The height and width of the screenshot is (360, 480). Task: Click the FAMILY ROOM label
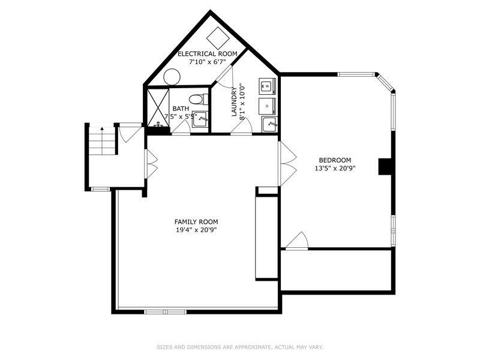coord(196,222)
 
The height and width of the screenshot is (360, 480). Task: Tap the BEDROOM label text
coord(335,160)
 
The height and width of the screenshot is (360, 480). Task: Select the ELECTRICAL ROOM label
coord(208,54)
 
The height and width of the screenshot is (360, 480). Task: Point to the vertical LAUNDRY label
coord(234,102)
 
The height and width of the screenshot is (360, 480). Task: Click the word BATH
coord(181,109)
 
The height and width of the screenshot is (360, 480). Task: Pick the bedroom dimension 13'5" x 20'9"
coord(335,168)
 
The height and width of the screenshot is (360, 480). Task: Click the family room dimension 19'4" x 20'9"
coord(196,230)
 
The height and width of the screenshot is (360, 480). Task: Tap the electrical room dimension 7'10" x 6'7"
coord(207,62)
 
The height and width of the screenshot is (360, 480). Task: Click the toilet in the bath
coord(199,99)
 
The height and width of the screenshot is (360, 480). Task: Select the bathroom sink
coord(200,119)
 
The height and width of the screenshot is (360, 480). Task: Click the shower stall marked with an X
coord(158,107)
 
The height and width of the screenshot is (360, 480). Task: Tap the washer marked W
coord(267,86)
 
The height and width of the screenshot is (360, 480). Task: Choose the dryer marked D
coord(267,106)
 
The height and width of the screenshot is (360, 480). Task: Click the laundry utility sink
coord(269,125)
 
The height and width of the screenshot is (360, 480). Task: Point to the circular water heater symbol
coord(172,77)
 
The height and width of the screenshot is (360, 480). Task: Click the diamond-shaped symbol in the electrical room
coord(218,38)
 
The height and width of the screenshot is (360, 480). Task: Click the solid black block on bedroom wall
coord(385,167)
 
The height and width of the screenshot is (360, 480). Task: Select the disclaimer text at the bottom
coord(240,347)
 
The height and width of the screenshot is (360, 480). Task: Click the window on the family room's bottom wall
coord(166,312)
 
